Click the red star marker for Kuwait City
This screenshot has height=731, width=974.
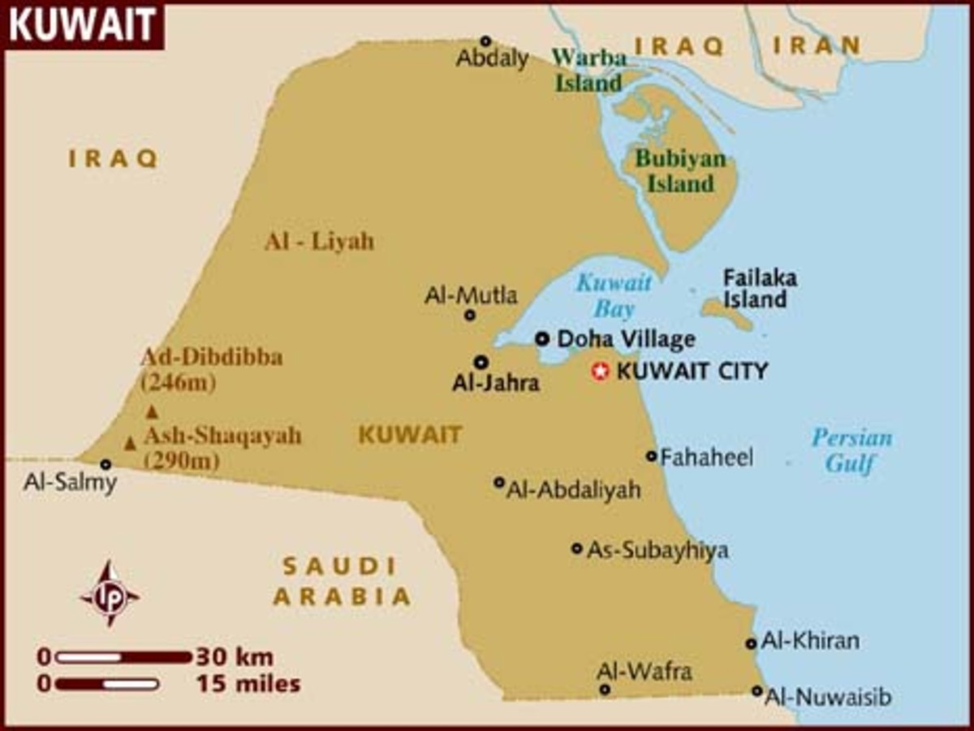coord(600,372)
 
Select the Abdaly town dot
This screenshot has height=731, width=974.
coord(485,41)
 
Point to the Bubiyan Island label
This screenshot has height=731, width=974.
coord(679,170)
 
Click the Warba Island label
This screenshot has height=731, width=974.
coord(588,70)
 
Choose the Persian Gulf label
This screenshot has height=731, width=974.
coord(851,451)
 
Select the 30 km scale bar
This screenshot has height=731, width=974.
coord(122,657)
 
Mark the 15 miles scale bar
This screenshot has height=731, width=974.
coord(106,684)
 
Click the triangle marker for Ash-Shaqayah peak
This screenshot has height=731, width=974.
coord(130,443)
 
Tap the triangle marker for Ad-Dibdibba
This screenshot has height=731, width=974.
coord(151,411)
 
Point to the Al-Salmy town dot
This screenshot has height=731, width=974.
coord(106,464)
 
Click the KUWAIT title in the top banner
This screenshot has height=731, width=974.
coord(81,26)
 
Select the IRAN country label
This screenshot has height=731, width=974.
coord(816,45)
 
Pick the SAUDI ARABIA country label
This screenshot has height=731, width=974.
coord(341,581)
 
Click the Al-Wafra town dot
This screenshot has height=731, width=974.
coord(605,690)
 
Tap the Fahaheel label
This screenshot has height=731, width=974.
coord(706,458)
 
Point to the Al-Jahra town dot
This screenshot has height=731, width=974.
coord(481,363)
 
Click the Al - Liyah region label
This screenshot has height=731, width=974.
coord(319,241)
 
